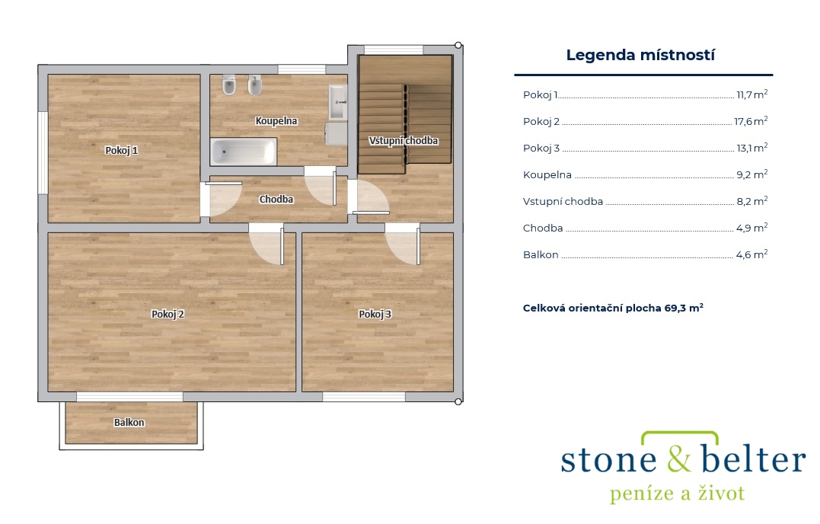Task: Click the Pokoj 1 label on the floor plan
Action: click(x=121, y=151)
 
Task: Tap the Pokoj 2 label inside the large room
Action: click(x=168, y=315)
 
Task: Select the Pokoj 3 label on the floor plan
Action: click(x=375, y=315)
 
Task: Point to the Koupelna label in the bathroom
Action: click(x=276, y=121)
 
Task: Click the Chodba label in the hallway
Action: click(x=276, y=200)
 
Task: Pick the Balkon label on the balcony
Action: click(x=129, y=423)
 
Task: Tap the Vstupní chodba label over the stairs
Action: click(x=404, y=141)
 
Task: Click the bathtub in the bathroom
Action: click(x=243, y=152)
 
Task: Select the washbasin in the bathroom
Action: click(x=338, y=103)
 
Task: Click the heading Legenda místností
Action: click(x=640, y=55)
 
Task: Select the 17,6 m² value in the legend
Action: click(x=751, y=121)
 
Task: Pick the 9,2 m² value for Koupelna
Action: click(x=752, y=174)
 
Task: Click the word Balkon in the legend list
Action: click(x=541, y=254)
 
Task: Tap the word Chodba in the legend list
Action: click(x=543, y=228)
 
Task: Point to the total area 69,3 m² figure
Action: click(x=684, y=308)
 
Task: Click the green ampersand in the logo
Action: click(x=679, y=458)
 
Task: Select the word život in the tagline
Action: click(x=721, y=493)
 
